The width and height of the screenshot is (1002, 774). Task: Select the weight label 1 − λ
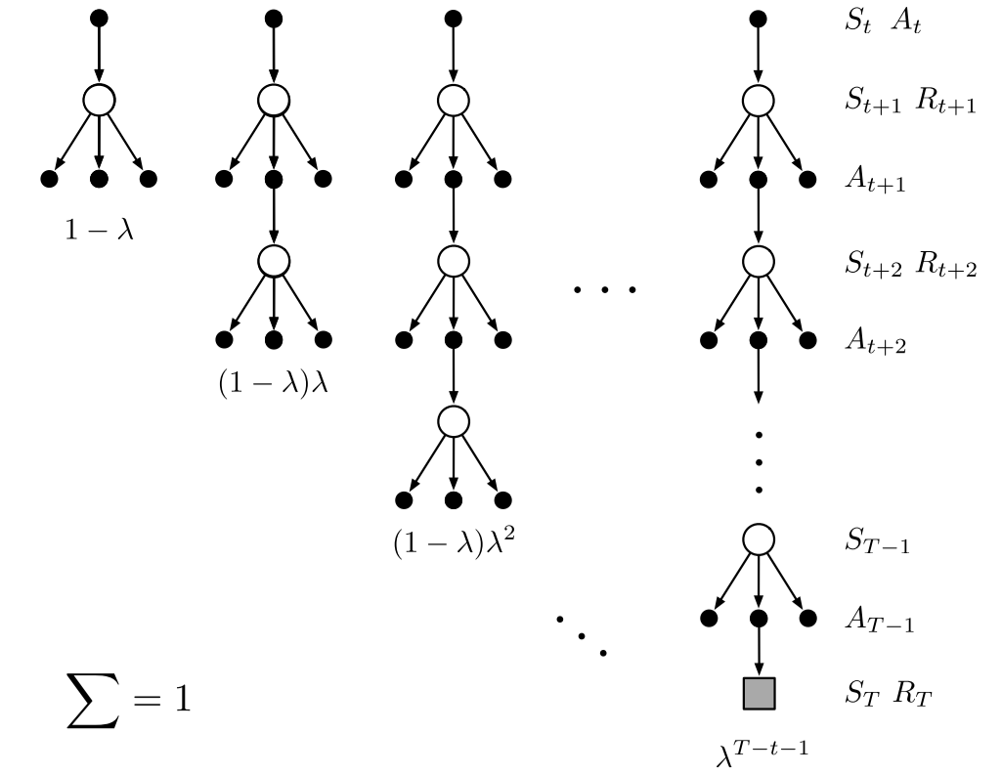tap(98, 234)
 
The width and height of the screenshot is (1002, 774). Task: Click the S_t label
tap(857, 22)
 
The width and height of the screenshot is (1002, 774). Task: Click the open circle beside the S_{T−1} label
tap(759, 539)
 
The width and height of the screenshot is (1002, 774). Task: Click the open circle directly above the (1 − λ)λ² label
tap(452, 420)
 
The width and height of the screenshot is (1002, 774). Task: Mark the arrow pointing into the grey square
tap(759, 650)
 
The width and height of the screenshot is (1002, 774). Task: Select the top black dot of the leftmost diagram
tap(98, 19)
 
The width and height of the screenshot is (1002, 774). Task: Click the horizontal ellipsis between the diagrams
tap(604, 290)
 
